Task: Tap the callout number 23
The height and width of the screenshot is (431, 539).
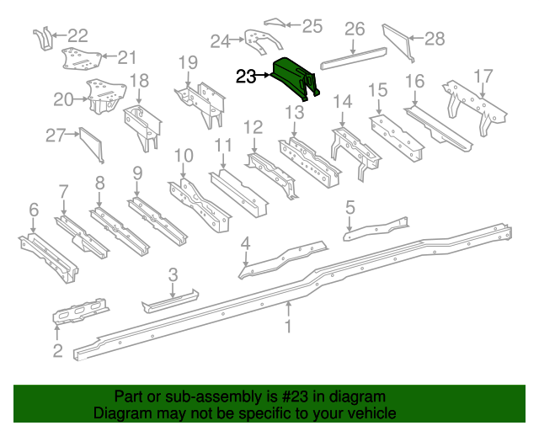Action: [247, 77]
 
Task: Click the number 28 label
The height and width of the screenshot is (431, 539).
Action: [434, 37]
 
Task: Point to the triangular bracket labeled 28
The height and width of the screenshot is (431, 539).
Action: [399, 42]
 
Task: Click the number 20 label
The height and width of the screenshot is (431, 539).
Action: [64, 99]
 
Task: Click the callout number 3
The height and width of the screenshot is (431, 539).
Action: [172, 274]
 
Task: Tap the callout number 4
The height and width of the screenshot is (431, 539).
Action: [245, 244]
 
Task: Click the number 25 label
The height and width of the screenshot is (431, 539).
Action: [312, 26]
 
